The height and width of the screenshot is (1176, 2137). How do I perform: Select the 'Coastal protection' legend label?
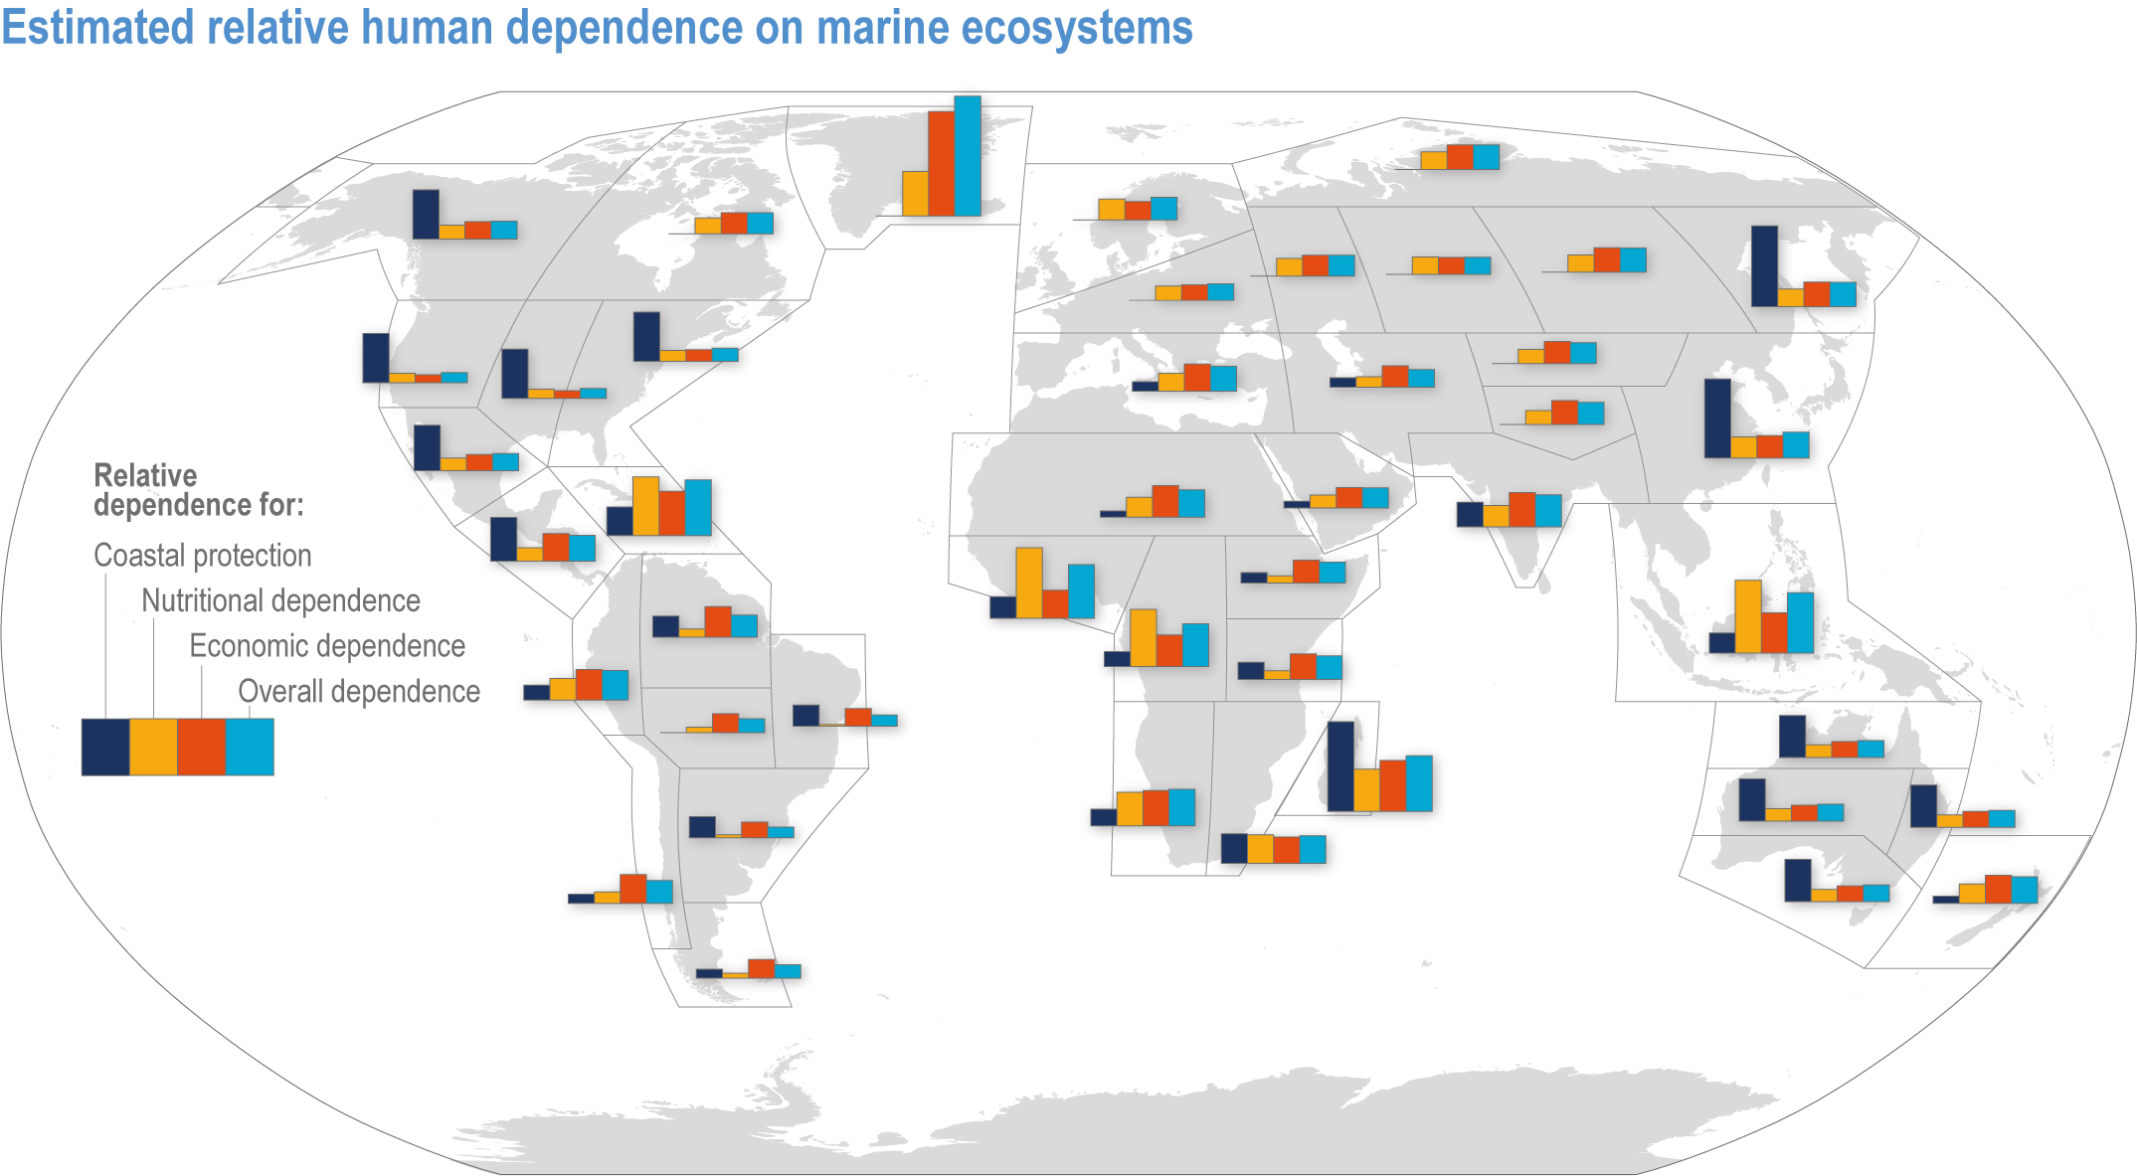pyautogui.click(x=202, y=555)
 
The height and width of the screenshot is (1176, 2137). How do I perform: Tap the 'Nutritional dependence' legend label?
pyautogui.click(x=280, y=600)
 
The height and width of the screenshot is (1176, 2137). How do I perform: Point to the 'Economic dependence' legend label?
pyautogui.click(x=327, y=646)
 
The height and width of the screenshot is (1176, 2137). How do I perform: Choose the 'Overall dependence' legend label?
pyautogui.click(x=359, y=692)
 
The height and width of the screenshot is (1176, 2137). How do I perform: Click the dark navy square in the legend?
pyautogui.click(x=105, y=747)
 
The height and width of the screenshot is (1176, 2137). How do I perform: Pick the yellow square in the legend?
pyautogui.click(x=153, y=747)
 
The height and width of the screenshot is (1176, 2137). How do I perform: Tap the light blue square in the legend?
pyautogui.click(x=250, y=747)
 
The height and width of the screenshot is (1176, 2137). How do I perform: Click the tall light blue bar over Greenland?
pyautogui.click(x=968, y=156)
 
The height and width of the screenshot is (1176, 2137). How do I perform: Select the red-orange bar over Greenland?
pyautogui.click(x=941, y=164)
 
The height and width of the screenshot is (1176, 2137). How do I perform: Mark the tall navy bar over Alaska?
pyautogui.click(x=426, y=214)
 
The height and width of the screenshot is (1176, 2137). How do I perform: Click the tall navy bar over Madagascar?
pyautogui.click(x=1340, y=766)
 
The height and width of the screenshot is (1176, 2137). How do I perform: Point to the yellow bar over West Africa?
pyautogui.click(x=1029, y=583)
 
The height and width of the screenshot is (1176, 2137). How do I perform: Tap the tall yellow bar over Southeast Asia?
pyautogui.click(x=1748, y=616)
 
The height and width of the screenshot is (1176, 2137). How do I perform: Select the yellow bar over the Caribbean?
pyautogui.click(x=645, y=506)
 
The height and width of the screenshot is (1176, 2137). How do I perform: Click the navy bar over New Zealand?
pyautogui.click(x=1946, y=899)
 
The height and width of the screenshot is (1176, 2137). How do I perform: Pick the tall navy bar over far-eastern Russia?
pyautogui.click(x=1764, y=265)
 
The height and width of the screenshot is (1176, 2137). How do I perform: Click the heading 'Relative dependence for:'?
pyautogui.click(x=198, y=490)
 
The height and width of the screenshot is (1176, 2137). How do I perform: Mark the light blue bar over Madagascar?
pyautogui.click(x=1419, y=783)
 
